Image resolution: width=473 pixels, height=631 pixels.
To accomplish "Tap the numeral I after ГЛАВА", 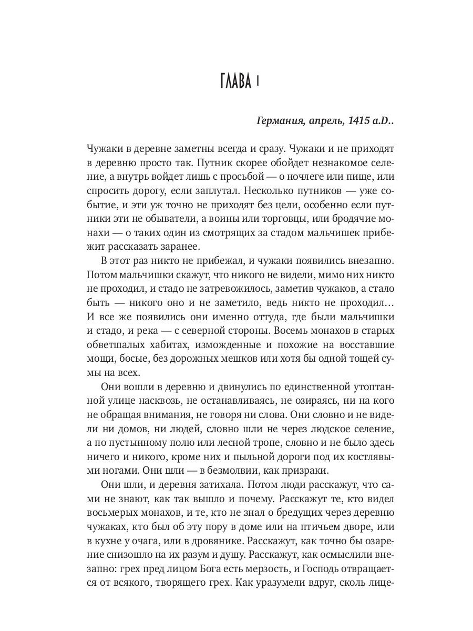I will pos(258,82).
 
